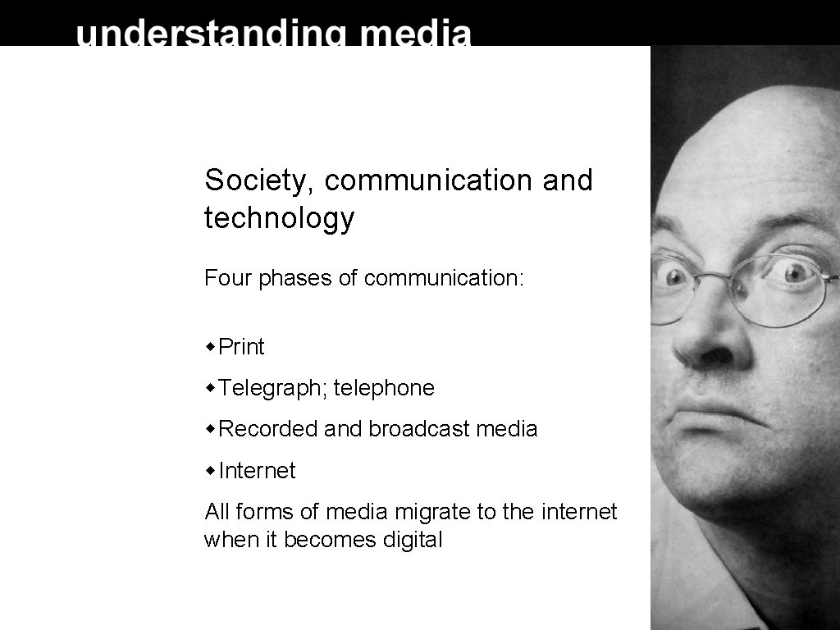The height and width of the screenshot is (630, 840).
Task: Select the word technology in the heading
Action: (x=279, y=219)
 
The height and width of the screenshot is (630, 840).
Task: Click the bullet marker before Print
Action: (x=211, y=347)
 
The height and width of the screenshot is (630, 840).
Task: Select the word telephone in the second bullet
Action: (x=384, y=388)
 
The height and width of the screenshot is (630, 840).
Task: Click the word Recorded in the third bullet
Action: (x=267, y=429)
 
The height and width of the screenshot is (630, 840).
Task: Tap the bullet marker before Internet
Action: (x=211, y=471)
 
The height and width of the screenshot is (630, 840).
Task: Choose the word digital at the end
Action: (x=412, y=541)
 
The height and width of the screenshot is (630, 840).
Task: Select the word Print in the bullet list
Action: (x=242, y=347)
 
